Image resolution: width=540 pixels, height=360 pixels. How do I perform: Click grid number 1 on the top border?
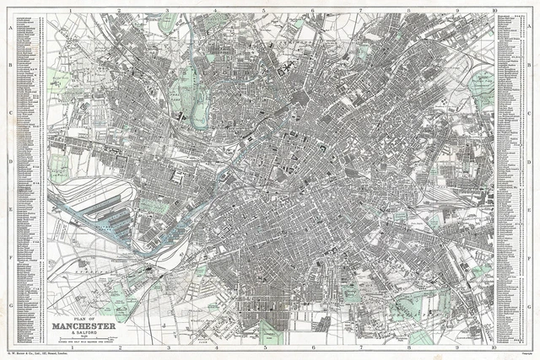click(x=73, y=12)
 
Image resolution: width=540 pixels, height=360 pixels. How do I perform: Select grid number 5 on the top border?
click(x=264, y=12)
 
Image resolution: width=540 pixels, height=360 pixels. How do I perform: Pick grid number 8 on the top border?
click(x=408, y=12)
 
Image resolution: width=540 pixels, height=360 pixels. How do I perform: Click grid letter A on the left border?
click(x=9, y=28)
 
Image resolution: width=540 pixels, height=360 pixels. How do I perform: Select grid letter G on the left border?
click(x=9, y=306)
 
